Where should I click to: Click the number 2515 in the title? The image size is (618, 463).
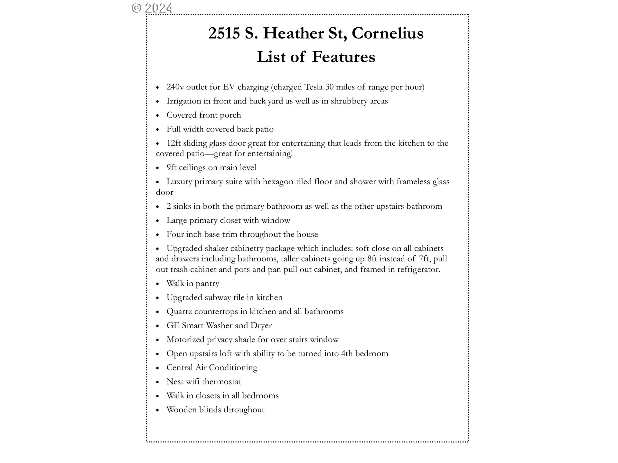click(224, 33)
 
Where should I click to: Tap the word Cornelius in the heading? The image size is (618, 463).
click(388, 33)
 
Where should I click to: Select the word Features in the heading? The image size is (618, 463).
click(343, 57)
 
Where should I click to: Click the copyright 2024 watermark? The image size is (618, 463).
click(152, 8)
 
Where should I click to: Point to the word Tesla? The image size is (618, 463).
click(314, 87)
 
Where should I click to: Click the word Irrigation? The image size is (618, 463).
click(184, 101)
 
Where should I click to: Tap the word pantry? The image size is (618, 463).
click(207, 284)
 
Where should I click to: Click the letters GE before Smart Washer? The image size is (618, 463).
click(173, 326)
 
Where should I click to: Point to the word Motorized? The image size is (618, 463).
click(185, 340)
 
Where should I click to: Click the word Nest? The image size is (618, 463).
click(174, 382)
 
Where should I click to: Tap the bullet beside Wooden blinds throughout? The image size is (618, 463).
click(158, 410)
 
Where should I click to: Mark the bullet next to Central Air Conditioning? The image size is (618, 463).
click(158, 368)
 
